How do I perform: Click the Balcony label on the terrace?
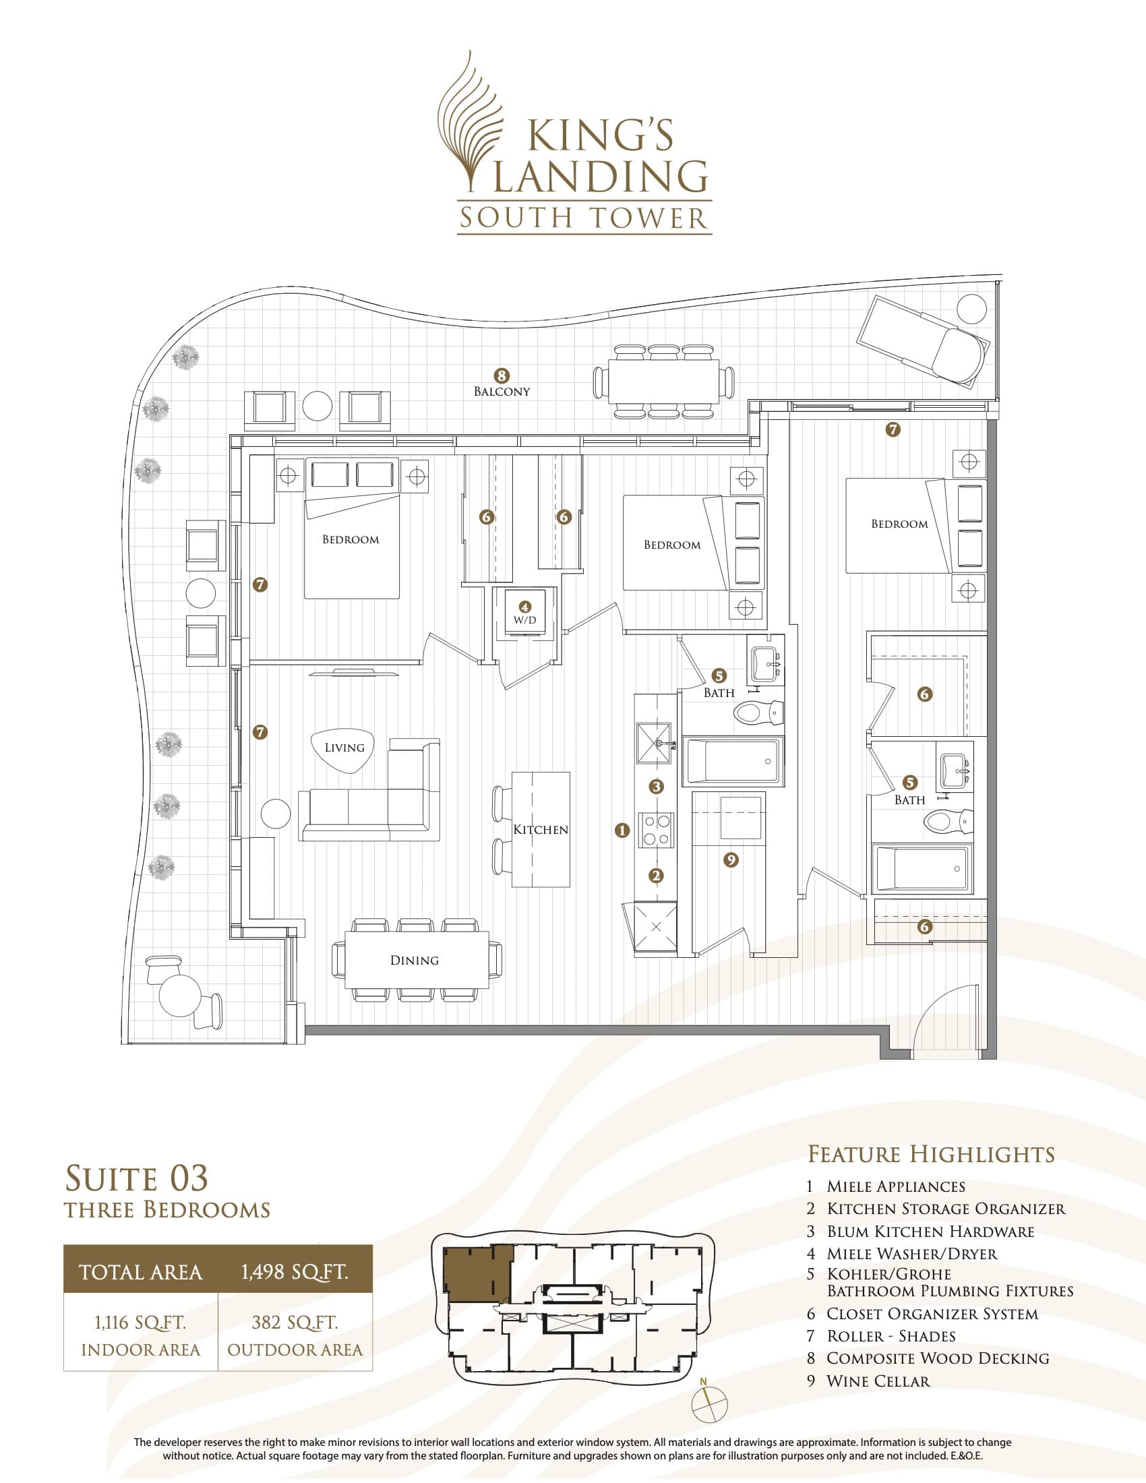tap(502, 391)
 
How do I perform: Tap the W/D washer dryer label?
tap(524, 620)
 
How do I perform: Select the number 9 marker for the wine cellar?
tap(731, 859)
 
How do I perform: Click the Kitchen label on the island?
tap(541, 829)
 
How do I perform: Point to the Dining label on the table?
tap(414, 960)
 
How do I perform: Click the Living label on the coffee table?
tap(344, 748)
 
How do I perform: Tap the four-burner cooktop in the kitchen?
tap(656, 830)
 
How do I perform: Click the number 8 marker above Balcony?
tap(501, 375)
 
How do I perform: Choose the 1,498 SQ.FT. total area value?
tap(295, 1271)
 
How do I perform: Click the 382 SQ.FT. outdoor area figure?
tap(295, 1323)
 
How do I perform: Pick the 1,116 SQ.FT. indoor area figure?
tap(140, 1323)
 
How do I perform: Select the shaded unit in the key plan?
tap(475, 1275)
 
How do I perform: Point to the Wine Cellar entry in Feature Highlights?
tap(878, 1381)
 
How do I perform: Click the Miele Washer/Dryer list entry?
tap(912, 1254)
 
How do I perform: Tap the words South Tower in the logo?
tap(584, 218)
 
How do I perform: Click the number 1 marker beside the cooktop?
tap(622, 830)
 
